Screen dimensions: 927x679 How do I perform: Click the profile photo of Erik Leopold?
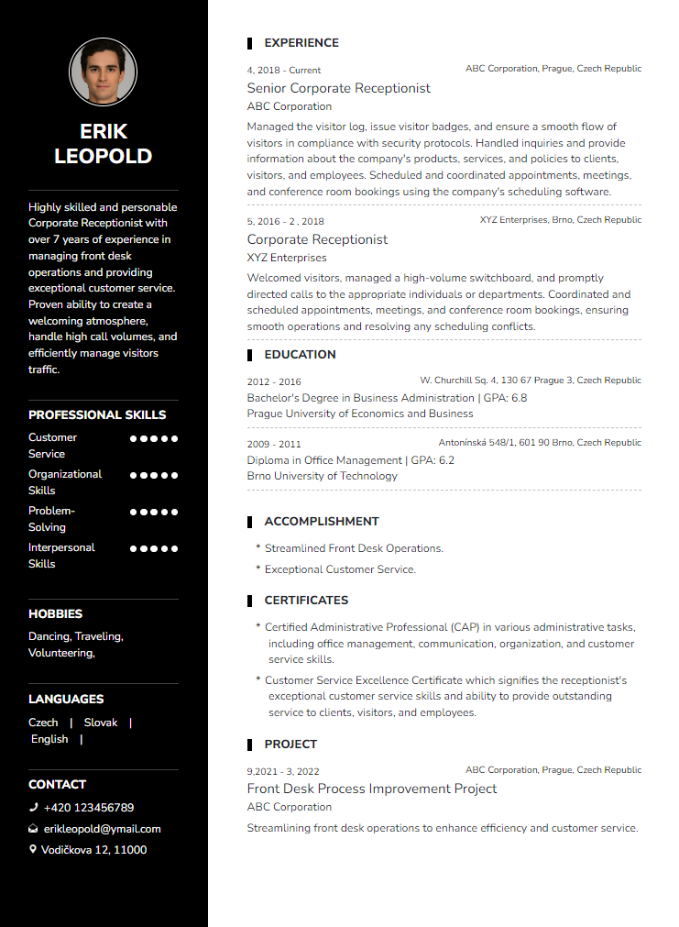click(103, 72)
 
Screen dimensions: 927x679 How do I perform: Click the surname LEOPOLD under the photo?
click(103, 156)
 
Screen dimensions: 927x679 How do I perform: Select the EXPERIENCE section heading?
click(301, 43)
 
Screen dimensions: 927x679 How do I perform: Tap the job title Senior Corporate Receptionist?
click(338, 88)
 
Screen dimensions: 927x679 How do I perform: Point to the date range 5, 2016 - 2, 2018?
click(285, 221)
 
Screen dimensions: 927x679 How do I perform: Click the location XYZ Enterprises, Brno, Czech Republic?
click(560, 220)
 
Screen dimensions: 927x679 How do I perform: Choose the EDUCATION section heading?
click(300, 355)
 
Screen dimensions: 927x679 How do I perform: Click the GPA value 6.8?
click(519, 398)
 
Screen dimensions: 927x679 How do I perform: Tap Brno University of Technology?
click(322, 476)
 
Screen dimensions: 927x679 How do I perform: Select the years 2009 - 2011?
click(273, 444)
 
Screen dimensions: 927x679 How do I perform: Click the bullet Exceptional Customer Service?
click(340, 569)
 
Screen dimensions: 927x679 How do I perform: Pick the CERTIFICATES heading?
click(306, 601)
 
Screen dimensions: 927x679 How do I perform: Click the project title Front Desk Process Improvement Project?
click(372, 789)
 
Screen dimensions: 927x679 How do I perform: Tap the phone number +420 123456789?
click(88, 808)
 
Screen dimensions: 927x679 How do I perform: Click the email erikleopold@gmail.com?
click(102, 829)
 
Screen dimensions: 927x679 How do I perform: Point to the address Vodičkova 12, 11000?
click(93, 850)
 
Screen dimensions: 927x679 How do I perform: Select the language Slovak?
click(101, 723)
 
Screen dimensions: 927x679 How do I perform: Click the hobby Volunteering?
click(60, 653)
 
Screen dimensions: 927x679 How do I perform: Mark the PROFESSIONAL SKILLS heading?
click(97, 415)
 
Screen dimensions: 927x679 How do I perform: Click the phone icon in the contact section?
click(33, 808)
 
